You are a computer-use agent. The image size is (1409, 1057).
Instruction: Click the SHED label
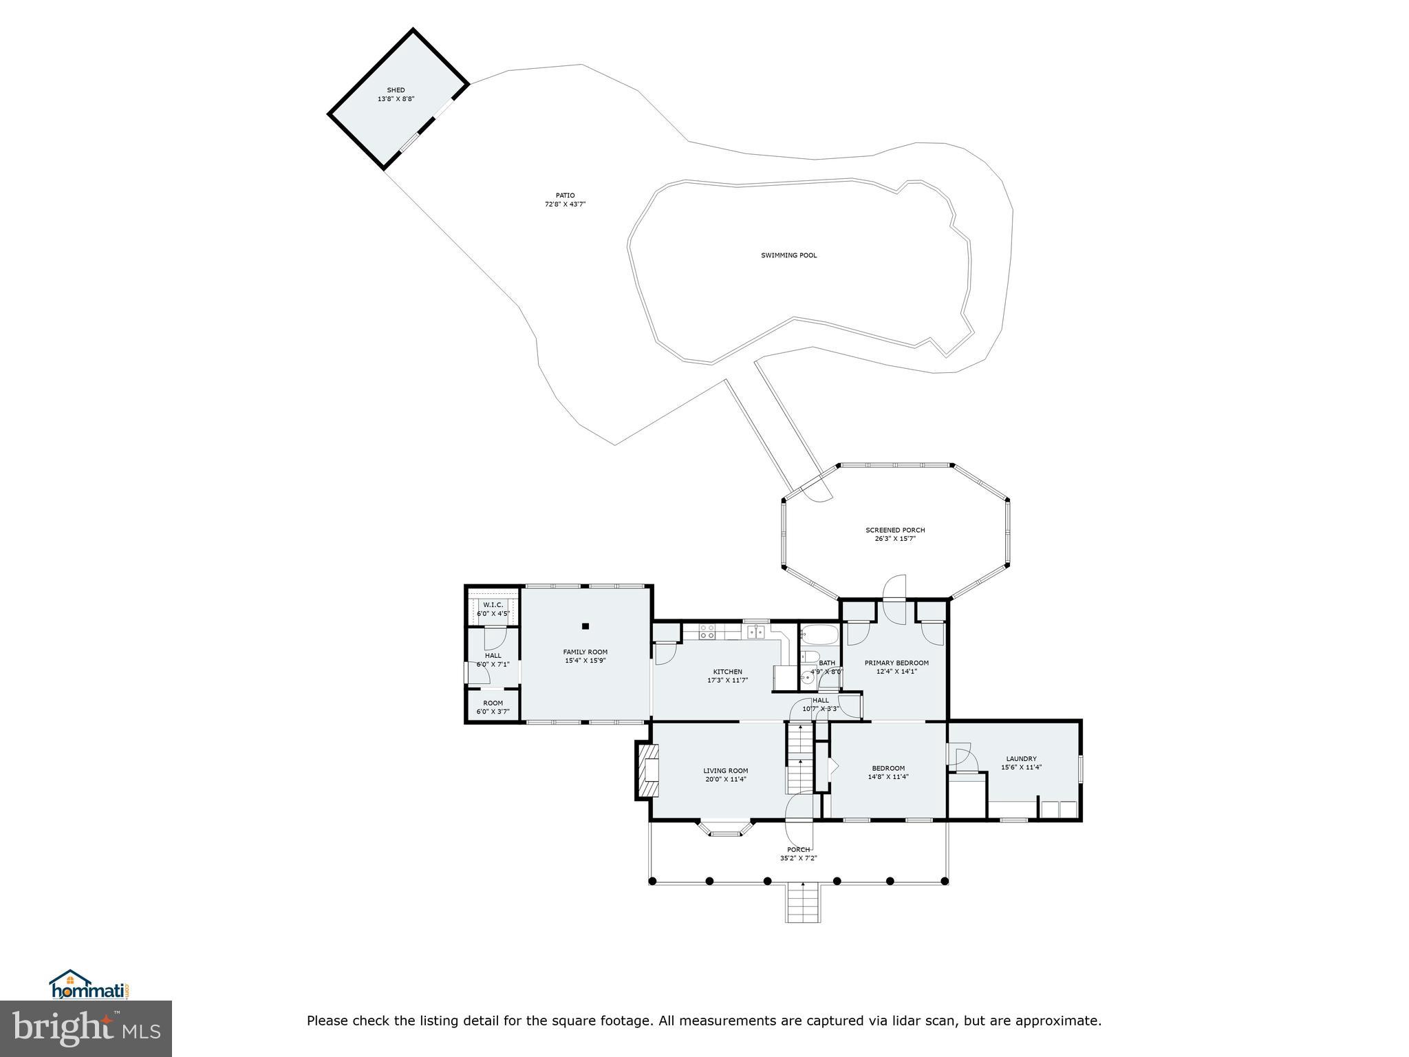396,90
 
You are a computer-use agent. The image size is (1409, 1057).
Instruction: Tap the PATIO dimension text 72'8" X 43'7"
565,204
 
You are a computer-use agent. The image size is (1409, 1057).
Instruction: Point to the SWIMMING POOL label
788,255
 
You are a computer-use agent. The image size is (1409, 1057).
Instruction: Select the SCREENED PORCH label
895,530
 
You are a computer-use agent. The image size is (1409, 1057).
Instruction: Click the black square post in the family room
585,626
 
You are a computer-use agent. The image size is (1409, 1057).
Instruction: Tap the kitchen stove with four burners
707,631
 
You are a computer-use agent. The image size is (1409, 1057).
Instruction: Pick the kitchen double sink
755,631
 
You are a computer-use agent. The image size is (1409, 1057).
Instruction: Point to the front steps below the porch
803,902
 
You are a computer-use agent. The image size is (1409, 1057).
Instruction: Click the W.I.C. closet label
493,605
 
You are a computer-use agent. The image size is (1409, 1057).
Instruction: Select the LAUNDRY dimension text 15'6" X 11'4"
1021,767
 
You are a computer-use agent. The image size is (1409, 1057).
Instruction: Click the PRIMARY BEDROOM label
896,663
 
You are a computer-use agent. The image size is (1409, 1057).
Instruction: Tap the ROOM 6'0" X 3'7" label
493,707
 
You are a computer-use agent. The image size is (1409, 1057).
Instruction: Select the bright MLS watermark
86,1029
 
